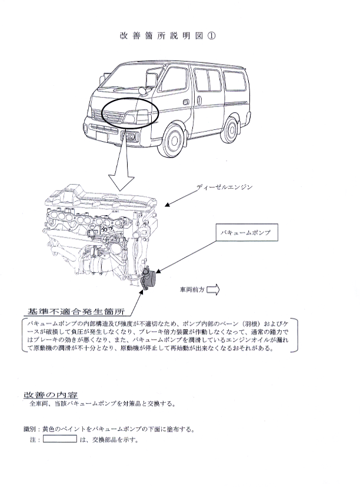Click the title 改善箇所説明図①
tap(168, 36)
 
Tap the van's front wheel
tap(171, 141)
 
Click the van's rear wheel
tap(229, 130)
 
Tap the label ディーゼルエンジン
tap(225, 187)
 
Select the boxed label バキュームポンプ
tap(247, 233)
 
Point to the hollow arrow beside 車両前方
tap(213, 289)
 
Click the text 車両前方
tap(192, 289)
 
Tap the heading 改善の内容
tap(51, 394)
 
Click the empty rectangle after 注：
tap(60, 439)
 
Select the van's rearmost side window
tap(235, 81)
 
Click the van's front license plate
tap(102, 137)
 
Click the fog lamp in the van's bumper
tap(131, 137)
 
